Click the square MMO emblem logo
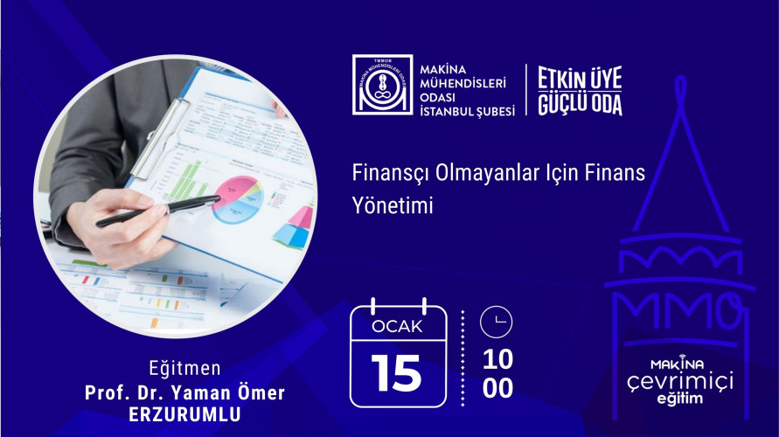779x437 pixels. click(x=383, y=85)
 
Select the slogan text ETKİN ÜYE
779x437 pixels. click(x=580, y=79)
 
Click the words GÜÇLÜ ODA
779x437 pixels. click(x=580, y=103)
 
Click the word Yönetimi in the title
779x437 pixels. click(x=393, y=205)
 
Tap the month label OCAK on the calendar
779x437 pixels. click(x=397, y=326)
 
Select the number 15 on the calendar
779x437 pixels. click(x=396, y=373)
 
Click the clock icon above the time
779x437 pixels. click(x=496, y=322)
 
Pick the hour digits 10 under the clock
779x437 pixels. click(x=497, y=359)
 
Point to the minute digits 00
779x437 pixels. click(x=497, y=388)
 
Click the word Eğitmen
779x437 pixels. click(x=184, y=369)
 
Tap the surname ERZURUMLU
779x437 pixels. click(x=184, y=414)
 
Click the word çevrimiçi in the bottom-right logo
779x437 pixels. click(x=679, y=382)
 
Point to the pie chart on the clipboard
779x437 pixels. click(x=238, y=199)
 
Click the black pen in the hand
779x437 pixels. click(x=158, y=211)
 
